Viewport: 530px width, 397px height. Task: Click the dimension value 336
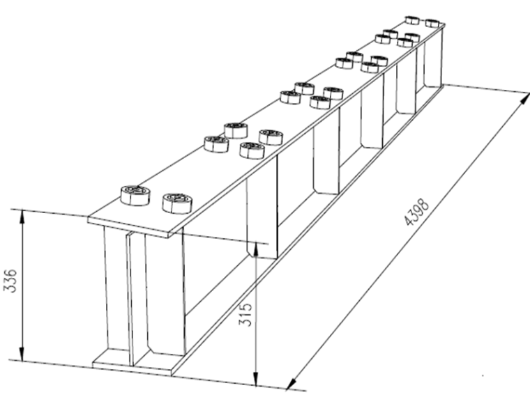point(10,281)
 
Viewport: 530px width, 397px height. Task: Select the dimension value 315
point(245,315)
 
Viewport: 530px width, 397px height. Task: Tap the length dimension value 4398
point(417,212)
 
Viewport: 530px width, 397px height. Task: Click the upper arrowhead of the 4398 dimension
point(524,99)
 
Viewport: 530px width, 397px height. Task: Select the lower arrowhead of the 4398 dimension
point(291,383)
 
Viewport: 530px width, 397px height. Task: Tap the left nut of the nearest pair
point(135,195)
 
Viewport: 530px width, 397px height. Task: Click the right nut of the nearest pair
point(177,203)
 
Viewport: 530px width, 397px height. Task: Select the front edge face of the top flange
point(128,227)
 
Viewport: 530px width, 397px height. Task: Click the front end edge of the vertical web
point(130,299)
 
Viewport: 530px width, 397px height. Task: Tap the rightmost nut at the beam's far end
point(432,23)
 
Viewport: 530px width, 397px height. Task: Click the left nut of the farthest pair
point(412,20)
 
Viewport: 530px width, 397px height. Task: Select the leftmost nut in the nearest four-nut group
point(216,144)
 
